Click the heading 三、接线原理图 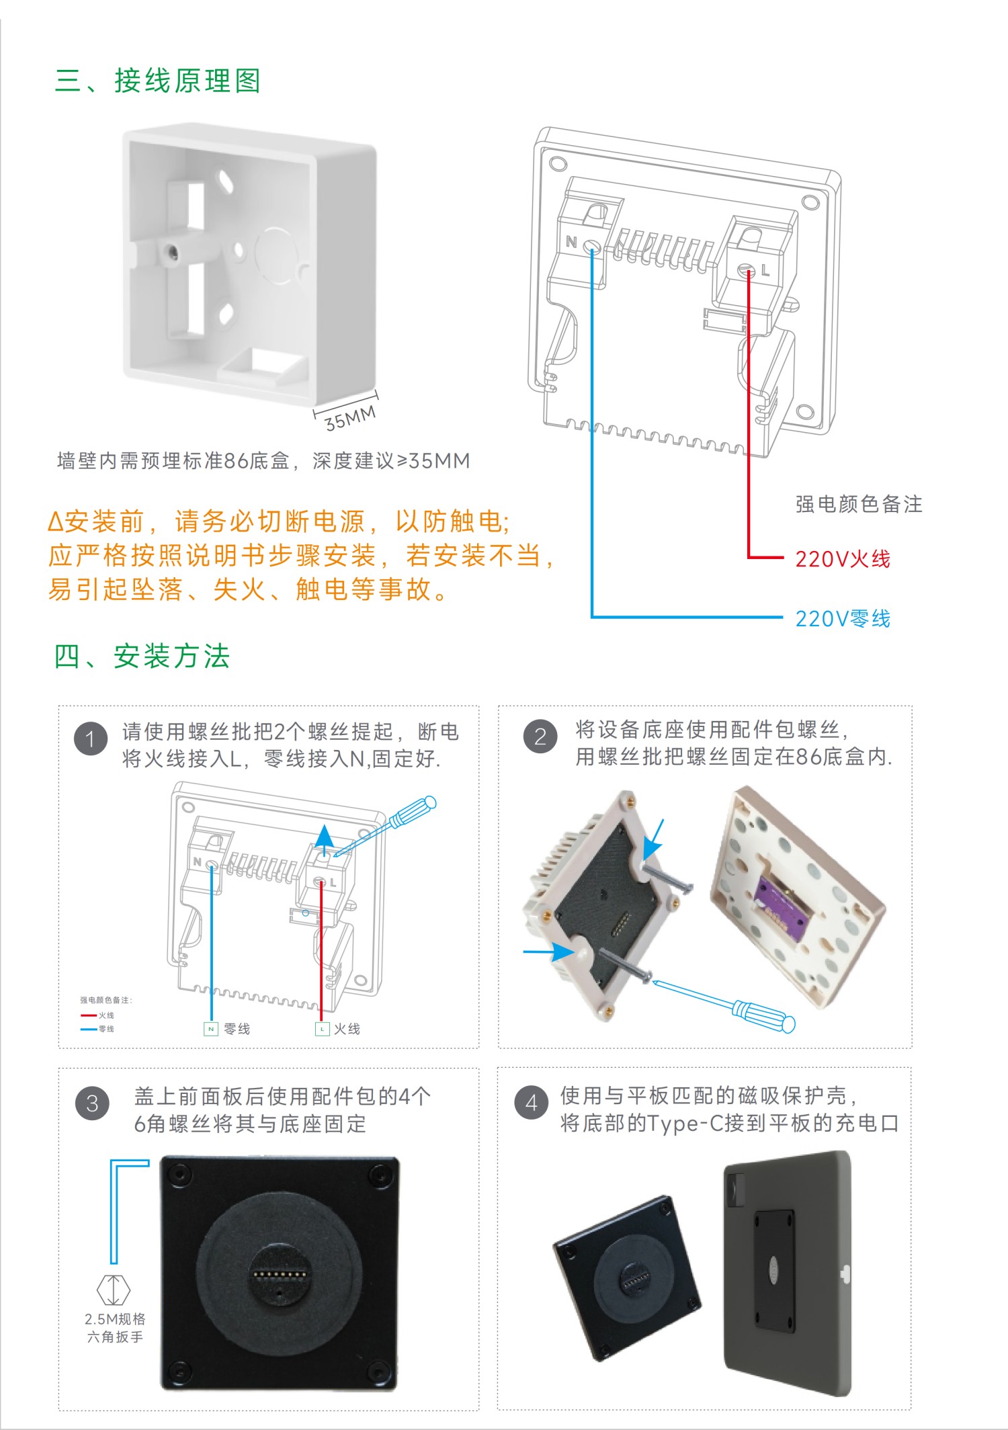(157, 81)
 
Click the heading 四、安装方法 (142, 656)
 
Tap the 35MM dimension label (349, 418)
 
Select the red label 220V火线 (843, 558)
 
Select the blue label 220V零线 (843, 618)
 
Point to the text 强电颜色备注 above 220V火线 (858, 504)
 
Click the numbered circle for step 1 (91, 739)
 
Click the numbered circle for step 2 (540, 737)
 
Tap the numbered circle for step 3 (92, 1103)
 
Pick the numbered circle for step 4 (531, 1103)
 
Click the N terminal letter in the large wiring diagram (571, 242)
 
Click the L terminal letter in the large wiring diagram (765, 271)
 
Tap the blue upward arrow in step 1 (325, 839)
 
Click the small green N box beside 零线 (211, 1029)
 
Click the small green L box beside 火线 (322, 1029)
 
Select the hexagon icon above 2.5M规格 (113, 1290)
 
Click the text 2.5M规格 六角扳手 (115, 1328)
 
